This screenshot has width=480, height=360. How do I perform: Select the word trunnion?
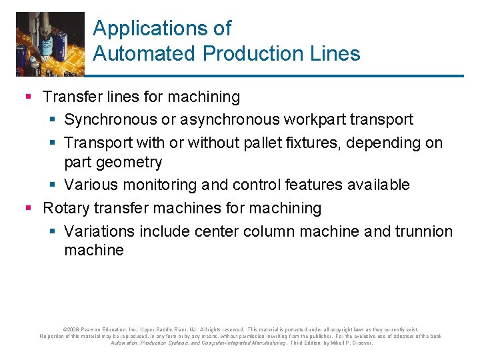coord(422,231)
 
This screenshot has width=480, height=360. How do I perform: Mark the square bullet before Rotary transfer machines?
coord(28,209)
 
